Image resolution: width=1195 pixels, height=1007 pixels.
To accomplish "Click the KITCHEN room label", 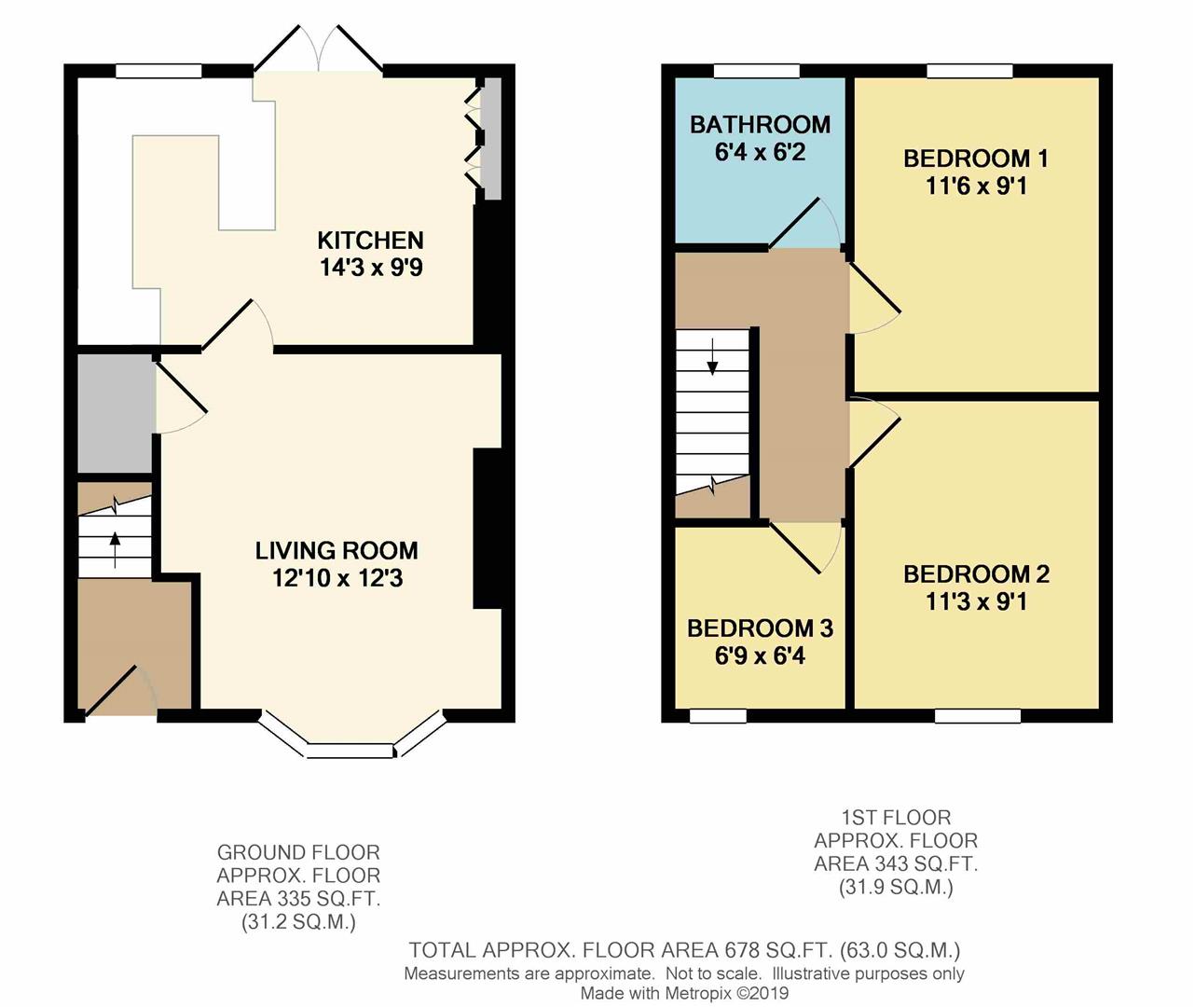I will (370, 240).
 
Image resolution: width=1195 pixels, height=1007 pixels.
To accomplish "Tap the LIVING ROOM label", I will (337, 550).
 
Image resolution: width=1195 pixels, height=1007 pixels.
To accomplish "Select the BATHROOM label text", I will (760, 124).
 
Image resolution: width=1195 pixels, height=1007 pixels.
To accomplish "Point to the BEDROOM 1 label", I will (976, 159).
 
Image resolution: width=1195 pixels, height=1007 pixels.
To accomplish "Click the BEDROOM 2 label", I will (976, 574).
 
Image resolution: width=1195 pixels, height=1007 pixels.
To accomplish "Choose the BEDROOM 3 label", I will (760, 628).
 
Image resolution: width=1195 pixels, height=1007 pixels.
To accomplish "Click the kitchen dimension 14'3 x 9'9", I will (371, 269).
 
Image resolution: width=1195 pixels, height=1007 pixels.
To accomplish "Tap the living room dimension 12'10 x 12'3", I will (337, 579).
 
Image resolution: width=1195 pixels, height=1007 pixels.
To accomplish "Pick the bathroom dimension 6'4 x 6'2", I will (760, 153).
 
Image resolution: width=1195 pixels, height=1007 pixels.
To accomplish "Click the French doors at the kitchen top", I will (319, 51).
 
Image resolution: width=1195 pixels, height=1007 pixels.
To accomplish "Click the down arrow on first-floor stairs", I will (713, 357).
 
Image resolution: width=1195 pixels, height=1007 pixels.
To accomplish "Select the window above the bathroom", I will (756, 71).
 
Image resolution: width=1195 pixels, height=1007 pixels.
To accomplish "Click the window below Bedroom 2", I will (977, 716).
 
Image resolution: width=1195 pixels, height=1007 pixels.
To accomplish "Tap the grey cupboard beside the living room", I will (115, 412).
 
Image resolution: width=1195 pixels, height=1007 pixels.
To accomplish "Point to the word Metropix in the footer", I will (699, 993).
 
